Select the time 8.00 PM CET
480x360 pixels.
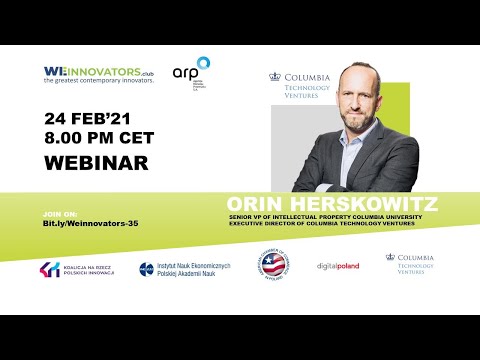tap(104, 139)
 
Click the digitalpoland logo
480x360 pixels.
tap(338, 266)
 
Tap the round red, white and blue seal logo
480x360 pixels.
tap(273, 265)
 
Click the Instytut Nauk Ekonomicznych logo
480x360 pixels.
tap(186, 268)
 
